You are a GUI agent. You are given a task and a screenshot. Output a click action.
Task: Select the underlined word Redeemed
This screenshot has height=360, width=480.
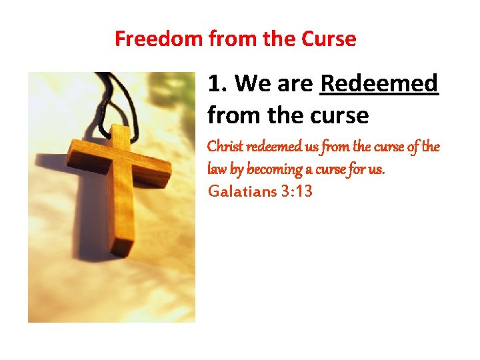tap(379, 84)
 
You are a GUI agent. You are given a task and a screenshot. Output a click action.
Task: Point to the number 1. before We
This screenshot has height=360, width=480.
tap(218, 84)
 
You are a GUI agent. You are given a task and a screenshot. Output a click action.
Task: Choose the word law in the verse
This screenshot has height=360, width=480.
tap(218, 169)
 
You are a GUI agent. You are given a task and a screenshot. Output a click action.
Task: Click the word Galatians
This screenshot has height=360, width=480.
tap(241, 192)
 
